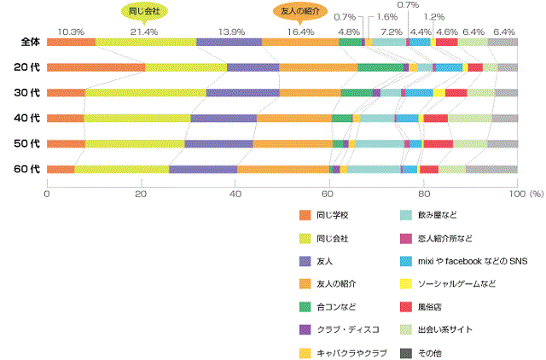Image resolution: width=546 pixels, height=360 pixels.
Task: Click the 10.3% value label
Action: coord(71,32)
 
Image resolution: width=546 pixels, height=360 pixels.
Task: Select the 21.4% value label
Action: coord(144,32)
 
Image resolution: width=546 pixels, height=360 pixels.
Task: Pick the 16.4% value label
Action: coord(300,32)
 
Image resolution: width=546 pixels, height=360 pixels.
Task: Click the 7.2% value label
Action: coord(391,32)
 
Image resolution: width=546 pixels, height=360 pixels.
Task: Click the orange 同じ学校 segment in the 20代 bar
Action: coord(96,67)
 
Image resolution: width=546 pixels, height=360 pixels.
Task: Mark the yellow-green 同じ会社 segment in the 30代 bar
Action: coord(145,92)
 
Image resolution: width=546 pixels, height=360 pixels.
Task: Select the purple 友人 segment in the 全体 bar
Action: coord(229,41)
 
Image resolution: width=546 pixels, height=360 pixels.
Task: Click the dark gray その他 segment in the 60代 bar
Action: coord(491,170)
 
